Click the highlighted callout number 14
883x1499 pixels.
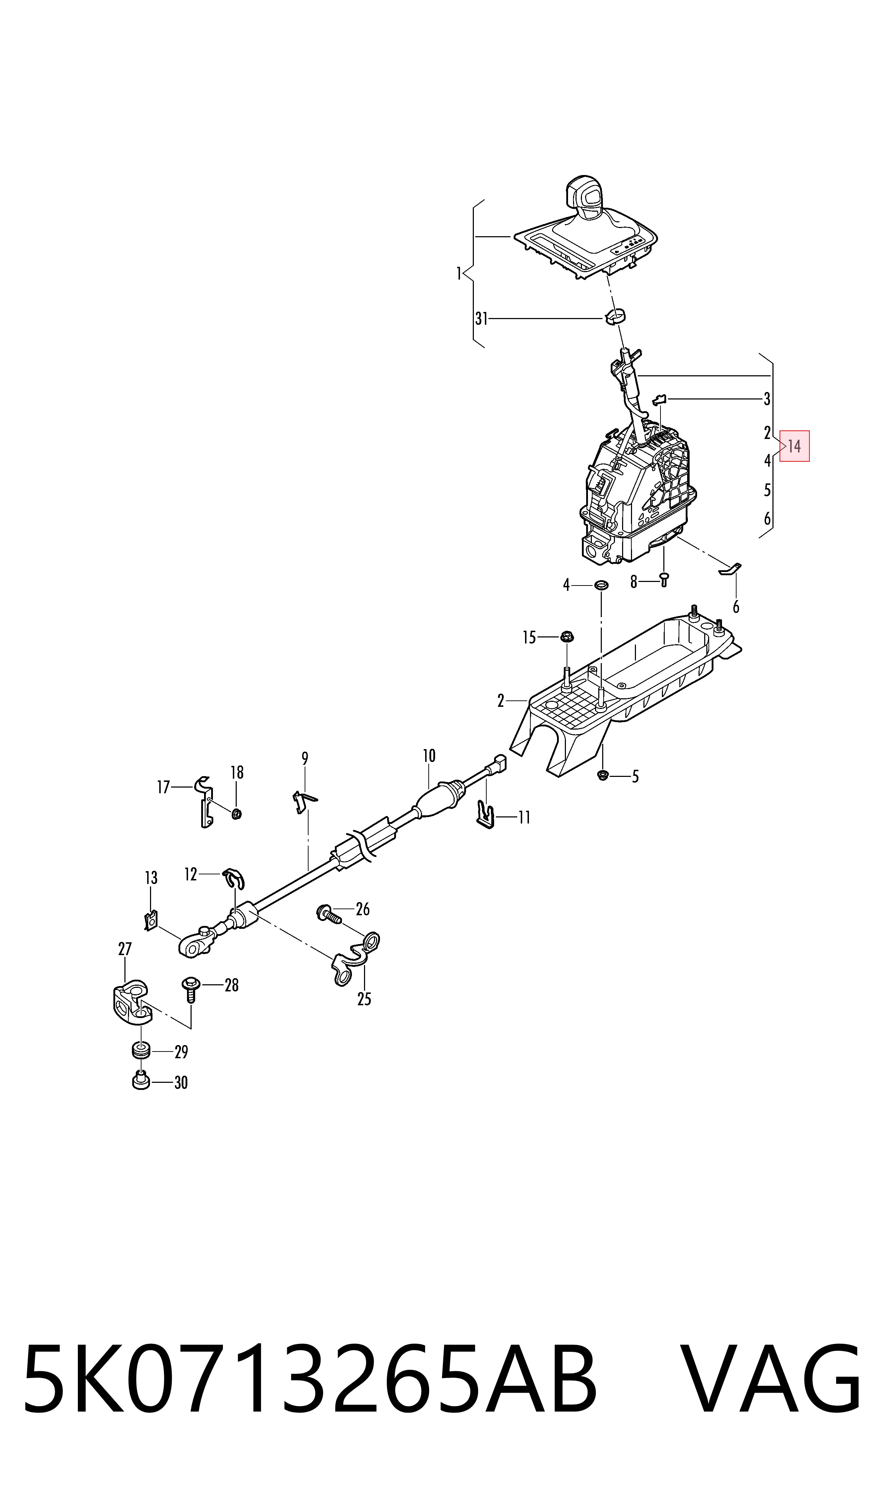click(x=794, y=446)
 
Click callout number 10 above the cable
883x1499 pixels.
click(x=429, y=756)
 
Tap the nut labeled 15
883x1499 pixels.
click(x=567, y=637)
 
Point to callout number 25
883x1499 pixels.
click(x=364, y=999)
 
